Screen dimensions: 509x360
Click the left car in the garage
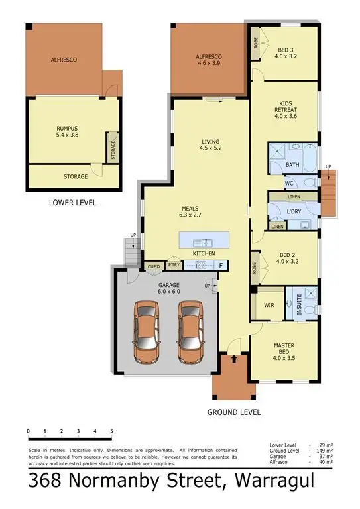tap(147, 332)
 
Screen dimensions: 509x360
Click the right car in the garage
tap(190, 332)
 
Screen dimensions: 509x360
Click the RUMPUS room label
tap(67, 131)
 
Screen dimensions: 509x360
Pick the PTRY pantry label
tap(174, 265)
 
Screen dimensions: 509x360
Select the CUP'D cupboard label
tap(154, 265)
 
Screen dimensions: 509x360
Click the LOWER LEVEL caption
tap(73, 203)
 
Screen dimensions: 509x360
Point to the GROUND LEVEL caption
tap(234, 412)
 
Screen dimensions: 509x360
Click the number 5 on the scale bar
tap(111, 432)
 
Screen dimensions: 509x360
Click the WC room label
tap(289, 184)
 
